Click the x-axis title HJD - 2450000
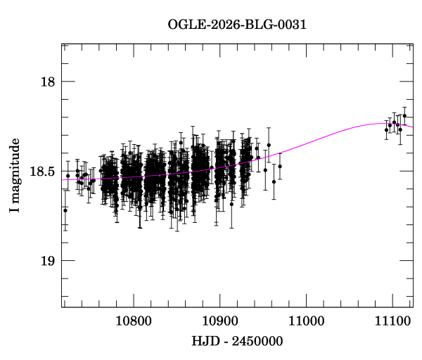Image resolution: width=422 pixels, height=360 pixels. pyautogui.click(x=237, y=340)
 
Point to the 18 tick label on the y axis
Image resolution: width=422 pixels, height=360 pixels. pyautogui.click(x=48, y=82)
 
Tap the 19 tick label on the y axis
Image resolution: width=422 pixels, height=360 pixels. pyautogui.click(x=48, y=261)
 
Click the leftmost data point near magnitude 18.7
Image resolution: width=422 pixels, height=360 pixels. pyautogui.click(x=65, y=210)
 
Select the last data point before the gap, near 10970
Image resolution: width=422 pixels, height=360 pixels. pyautogui.click(x=280, y=167)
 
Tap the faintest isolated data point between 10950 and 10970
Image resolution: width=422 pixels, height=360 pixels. pyautogui.click(x=274, y=181)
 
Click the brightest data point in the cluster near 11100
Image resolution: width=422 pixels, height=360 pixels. pyautogui.click(x=404, y=116)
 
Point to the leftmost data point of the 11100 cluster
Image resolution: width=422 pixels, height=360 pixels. pyautogui.click(x=386, y=130)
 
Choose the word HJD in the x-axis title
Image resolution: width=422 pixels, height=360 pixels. pyautogui.click(x=205, y=340)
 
